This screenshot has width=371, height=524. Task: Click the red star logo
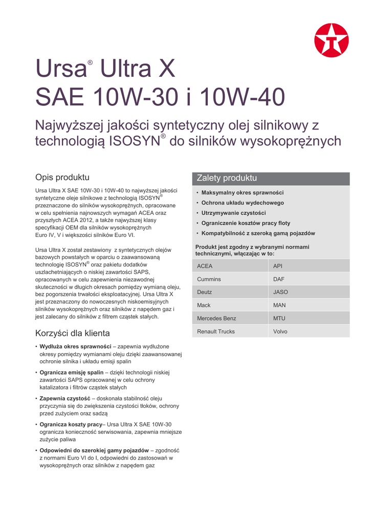point(331,40)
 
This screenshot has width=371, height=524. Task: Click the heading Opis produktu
point(62,178)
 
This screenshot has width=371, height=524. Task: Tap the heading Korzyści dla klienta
point(72,333)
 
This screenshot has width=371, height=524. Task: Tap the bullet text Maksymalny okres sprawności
point(243,193)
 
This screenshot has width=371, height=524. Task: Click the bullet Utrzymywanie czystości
point(233,213)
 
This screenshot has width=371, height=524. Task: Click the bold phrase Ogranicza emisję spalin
point(72,373)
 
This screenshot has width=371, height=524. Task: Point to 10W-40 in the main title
point(237,97)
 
